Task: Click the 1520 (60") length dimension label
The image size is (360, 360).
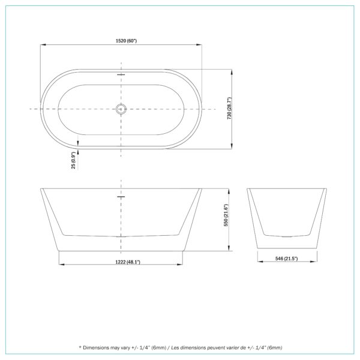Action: (x=126, y=41)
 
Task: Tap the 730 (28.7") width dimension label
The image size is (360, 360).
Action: (x=229, y=108)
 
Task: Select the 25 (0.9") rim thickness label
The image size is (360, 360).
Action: (x=73, y=160)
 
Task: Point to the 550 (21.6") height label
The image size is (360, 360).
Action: (x=226, y=215)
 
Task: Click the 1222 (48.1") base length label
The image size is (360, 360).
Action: (x=128, y=262)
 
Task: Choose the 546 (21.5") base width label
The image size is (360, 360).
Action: (x=287, y=259)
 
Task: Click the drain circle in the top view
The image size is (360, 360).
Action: (x=121, y=109)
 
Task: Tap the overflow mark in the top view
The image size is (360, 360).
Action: (x=121, y=74)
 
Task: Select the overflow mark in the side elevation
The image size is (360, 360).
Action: (x=121, y=197)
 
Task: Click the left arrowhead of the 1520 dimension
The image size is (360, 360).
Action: (x=43, y=45)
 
